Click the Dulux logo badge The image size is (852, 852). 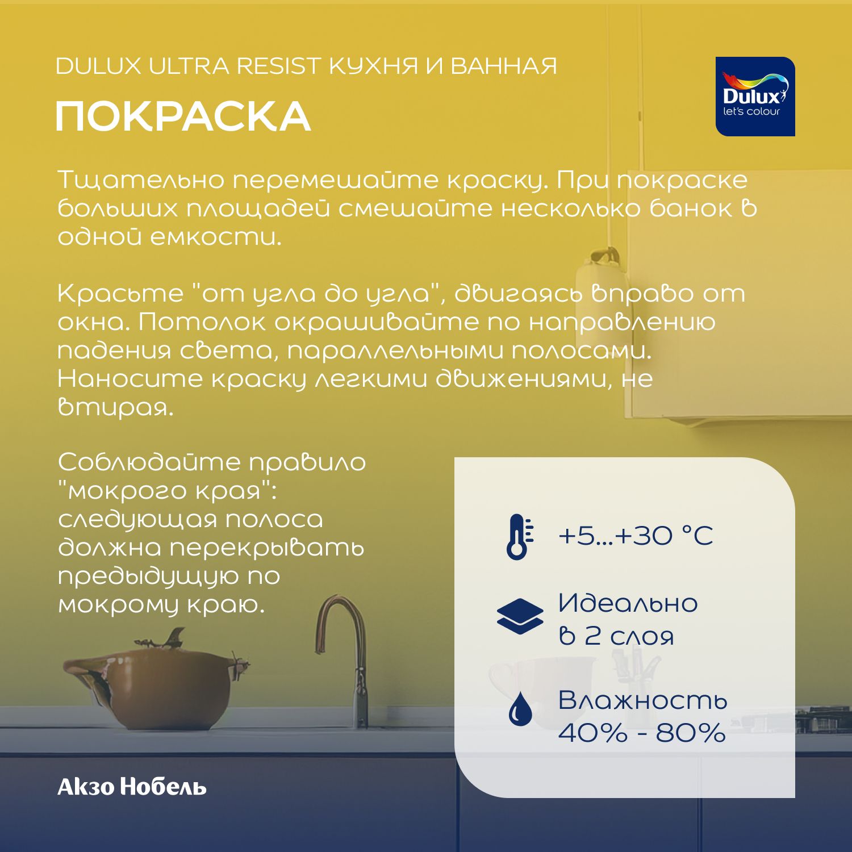(x=755, y=97)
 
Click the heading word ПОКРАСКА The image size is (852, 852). (x=183, y=116)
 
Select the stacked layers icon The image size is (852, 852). (x=520, y=616)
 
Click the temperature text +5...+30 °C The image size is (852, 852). (x=635, y=536)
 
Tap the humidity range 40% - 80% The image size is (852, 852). (x=642, y=733)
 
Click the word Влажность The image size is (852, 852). (x=642, y=700)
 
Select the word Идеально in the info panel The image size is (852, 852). (x=628, y=603)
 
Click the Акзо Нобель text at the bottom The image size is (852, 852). (x=132, y=787)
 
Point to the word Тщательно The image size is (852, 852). (x=141, y=180)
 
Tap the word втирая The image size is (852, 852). (x=115, y=407)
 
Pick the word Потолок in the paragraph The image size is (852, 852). (x=201, y=322)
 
